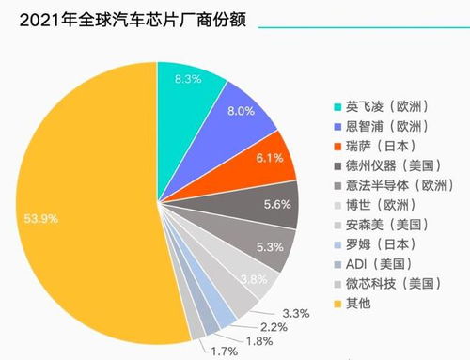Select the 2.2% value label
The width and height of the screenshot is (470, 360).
click(x=275, y=326)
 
